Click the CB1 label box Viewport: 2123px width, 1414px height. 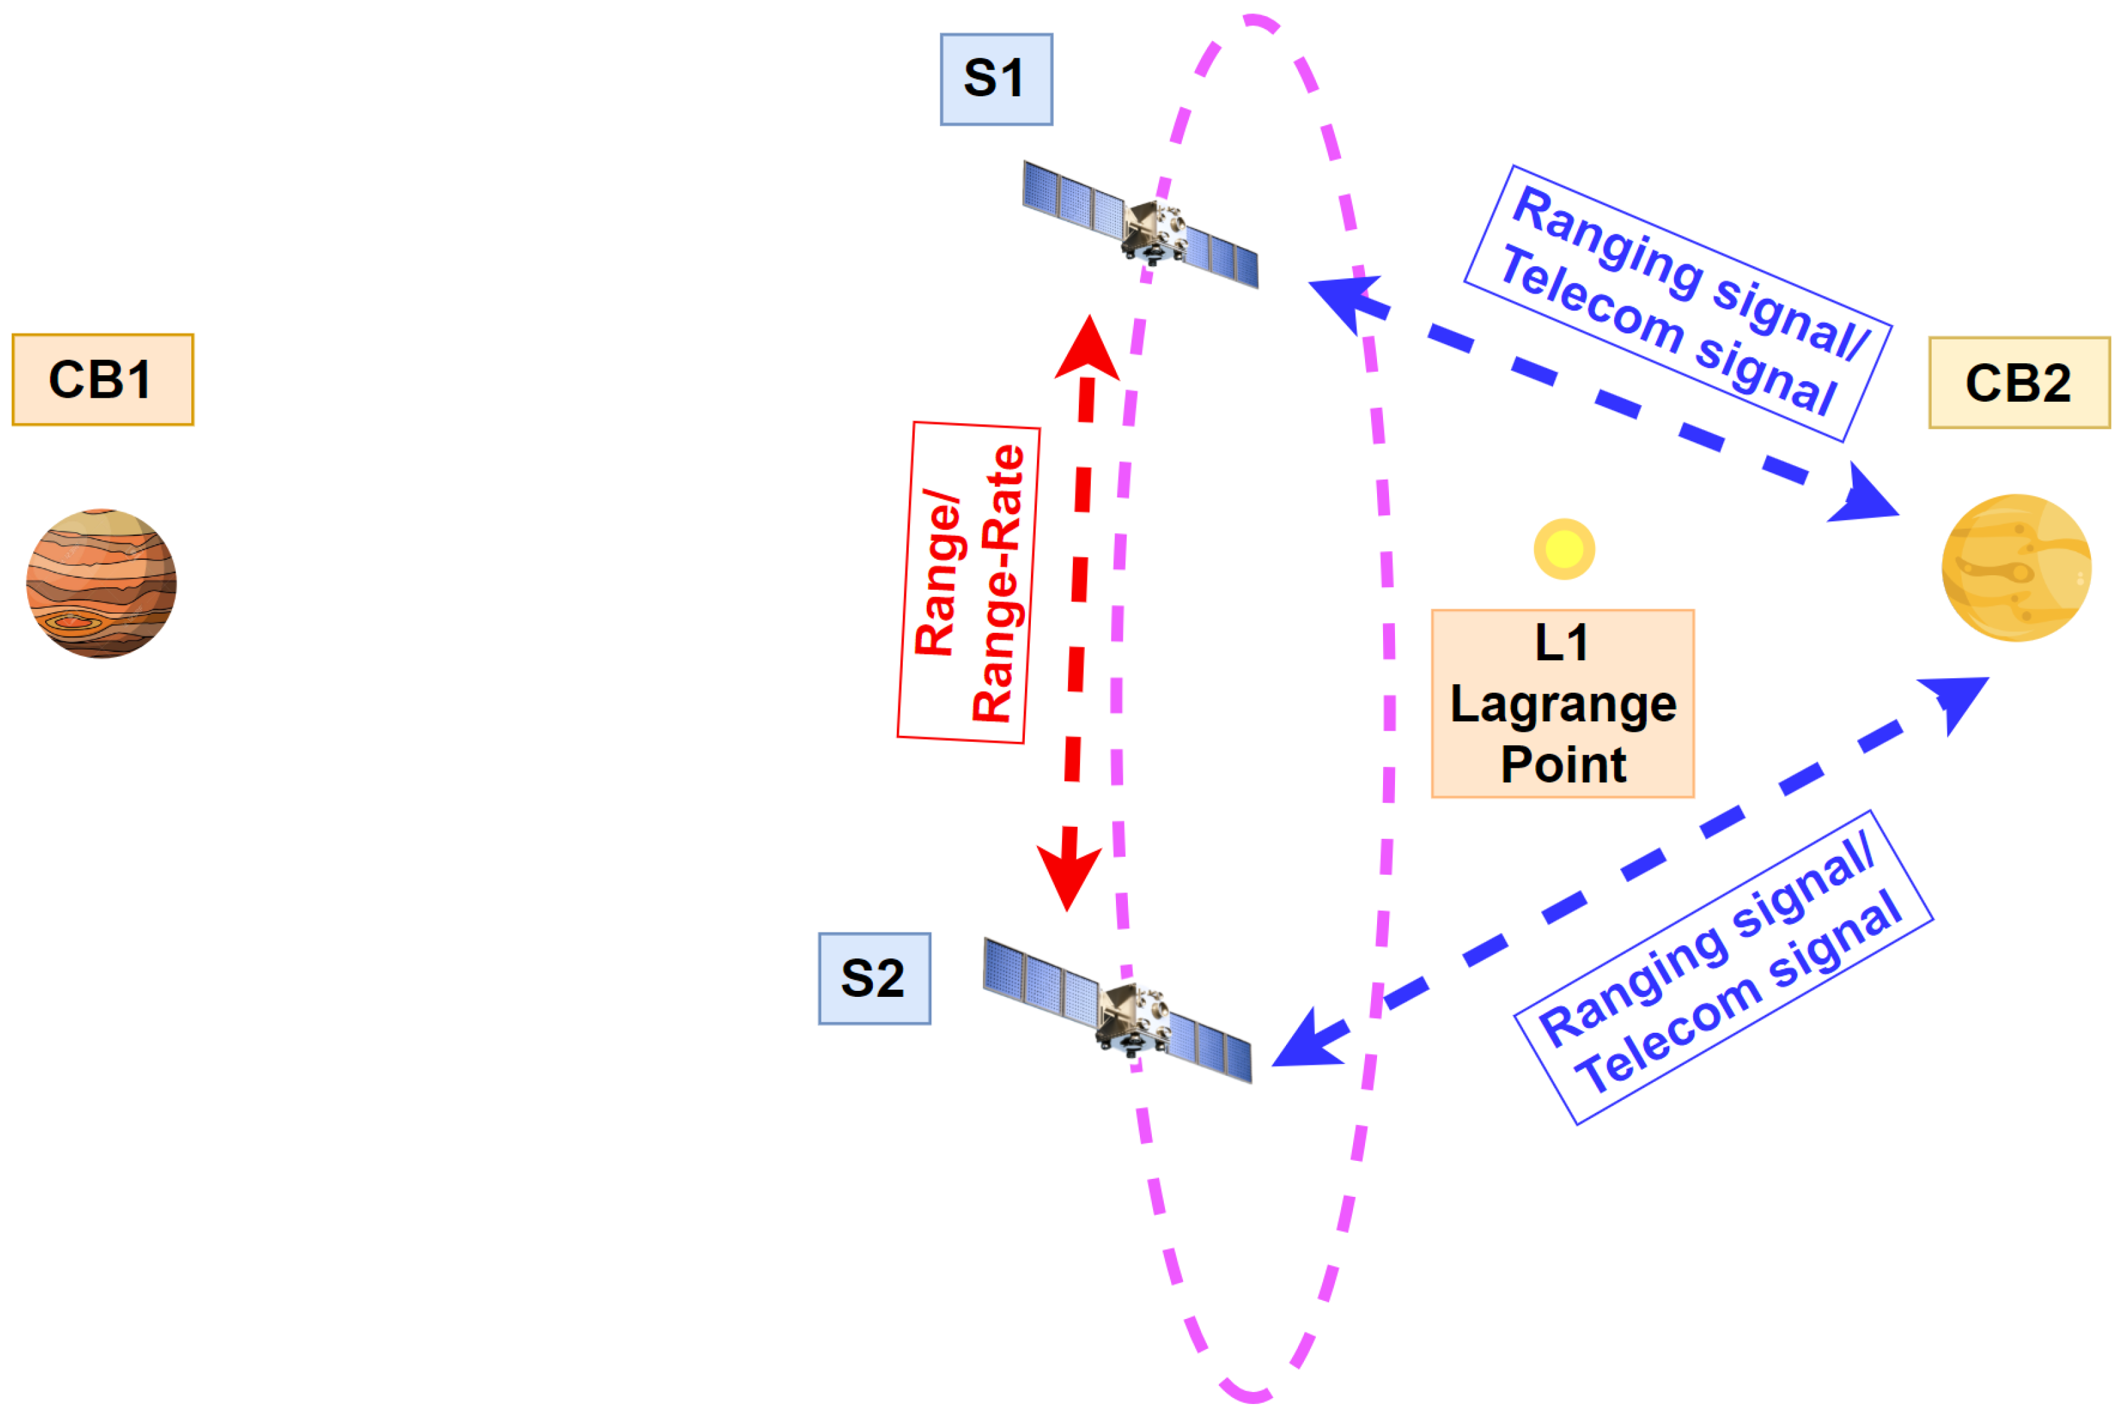click(103, 380)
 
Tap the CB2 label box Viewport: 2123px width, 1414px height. click(2019, 383)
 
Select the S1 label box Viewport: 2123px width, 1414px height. click(996, 79)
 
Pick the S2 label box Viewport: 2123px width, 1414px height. click(874, 978)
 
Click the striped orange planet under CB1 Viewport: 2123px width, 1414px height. click(101, 583)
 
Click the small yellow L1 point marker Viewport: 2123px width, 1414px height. click(1564, 549)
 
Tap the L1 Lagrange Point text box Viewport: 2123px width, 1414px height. click(1562, 703)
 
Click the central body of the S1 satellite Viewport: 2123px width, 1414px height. click(1153, 231)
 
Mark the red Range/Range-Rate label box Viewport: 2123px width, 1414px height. click(969, 582)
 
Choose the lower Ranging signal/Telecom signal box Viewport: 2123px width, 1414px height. click(1722, 967)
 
